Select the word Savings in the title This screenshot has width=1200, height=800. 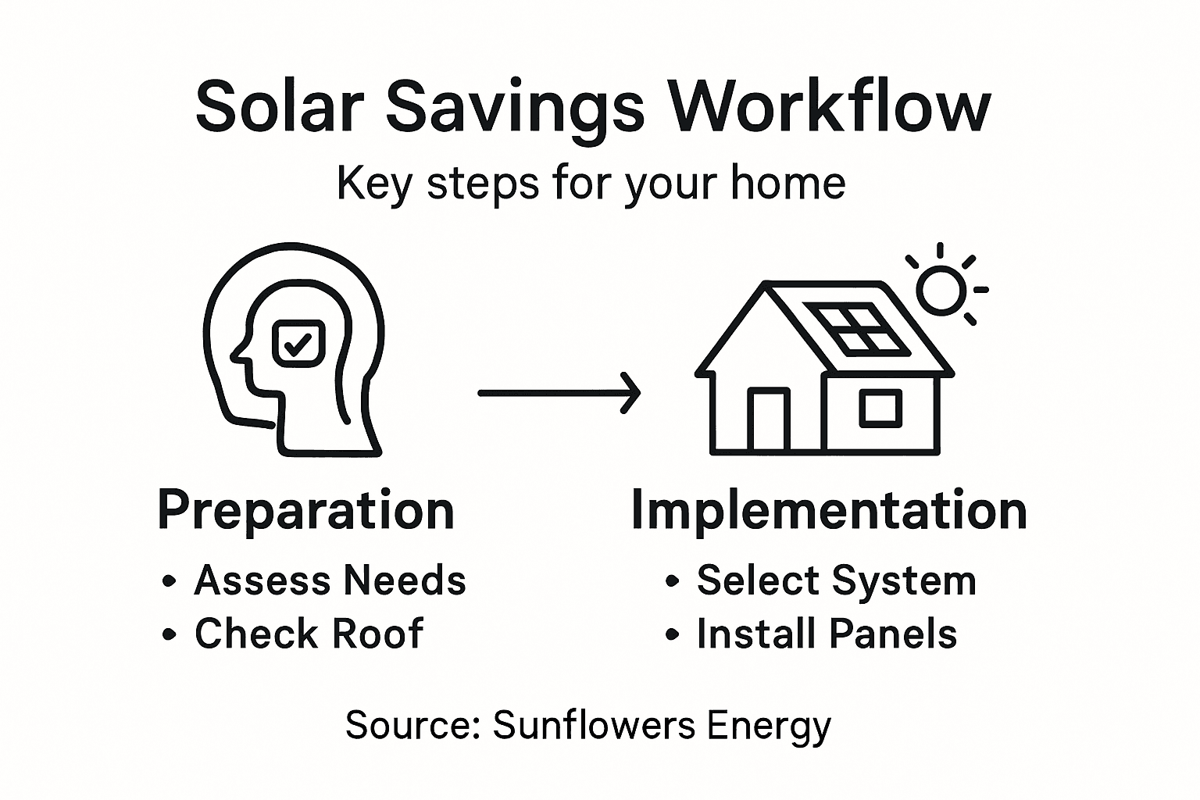point(515,109)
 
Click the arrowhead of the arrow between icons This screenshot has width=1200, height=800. point(631,393)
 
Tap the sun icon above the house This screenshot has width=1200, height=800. point(942,288)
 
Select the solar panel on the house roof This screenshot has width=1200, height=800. point(858,327)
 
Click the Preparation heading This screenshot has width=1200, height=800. point(305,510)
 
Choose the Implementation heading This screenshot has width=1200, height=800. point(828,510)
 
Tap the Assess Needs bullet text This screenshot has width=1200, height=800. point(330,580)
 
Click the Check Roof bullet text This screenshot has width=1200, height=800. point(309,633)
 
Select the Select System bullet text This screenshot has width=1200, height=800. point(836,580)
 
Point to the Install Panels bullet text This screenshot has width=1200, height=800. point(827,634)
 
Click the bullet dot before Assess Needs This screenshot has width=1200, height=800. point(168,582)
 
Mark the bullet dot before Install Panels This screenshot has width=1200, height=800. point(671,635)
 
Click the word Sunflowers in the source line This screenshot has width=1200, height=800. point(594,725)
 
